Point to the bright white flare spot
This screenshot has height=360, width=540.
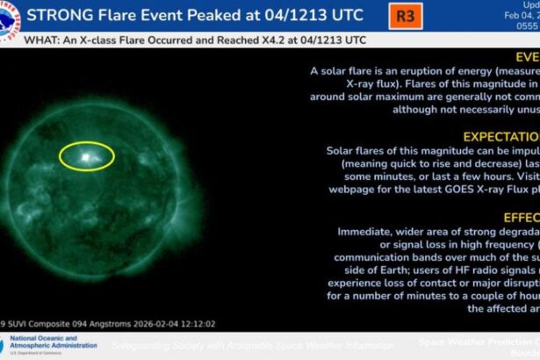click(x=86, y=157)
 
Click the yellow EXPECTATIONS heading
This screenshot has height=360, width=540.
click(x=500, y=136)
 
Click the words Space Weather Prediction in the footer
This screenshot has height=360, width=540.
click(x=475, y=341)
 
